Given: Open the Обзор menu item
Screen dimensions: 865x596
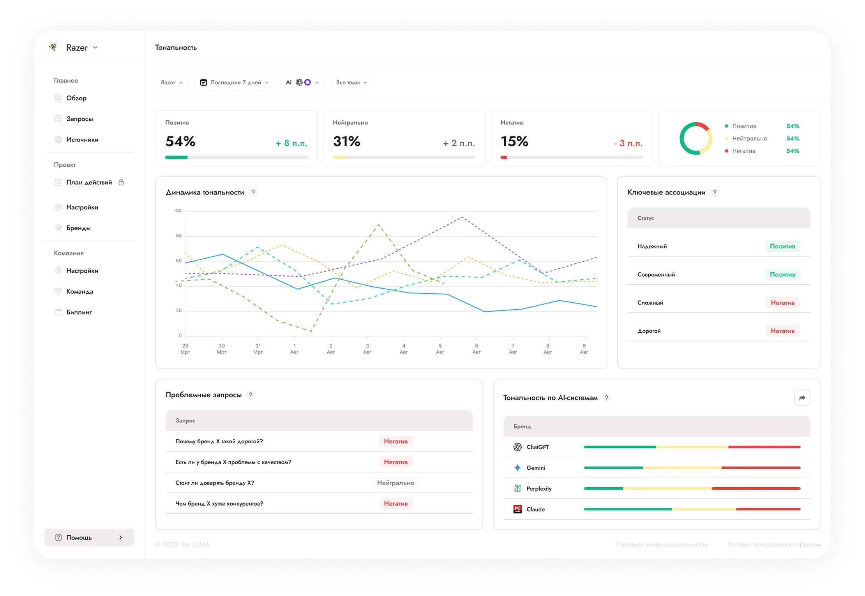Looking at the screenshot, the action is point(76,98).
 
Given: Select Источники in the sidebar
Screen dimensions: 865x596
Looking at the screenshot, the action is point(82,139).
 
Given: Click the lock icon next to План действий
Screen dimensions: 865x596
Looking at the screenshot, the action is point(121,182).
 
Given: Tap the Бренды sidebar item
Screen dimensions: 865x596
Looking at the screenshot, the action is point(78,228).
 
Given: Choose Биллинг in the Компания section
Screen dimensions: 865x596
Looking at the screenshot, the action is point(79,312).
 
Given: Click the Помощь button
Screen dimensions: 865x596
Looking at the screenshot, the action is point(89,537).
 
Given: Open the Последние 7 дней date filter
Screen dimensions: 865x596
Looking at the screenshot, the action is point(234,82).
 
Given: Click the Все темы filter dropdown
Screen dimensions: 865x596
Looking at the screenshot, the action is point(351,82).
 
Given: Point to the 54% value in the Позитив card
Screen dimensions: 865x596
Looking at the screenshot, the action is point(180,141).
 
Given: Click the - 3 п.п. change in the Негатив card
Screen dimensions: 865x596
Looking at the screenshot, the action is point(628,143).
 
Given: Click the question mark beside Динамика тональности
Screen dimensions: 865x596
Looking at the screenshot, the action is point(253,192).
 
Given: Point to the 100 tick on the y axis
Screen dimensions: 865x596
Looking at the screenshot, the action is point(178,210).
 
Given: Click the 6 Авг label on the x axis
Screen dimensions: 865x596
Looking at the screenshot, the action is point(477,349).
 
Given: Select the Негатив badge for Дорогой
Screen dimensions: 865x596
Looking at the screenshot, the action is point(782,331).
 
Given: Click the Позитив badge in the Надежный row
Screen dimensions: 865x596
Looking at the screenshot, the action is point(782,246).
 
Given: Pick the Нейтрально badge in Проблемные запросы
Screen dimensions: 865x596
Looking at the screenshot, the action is point(395,483).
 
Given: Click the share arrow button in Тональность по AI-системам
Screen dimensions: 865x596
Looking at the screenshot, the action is point(802,398).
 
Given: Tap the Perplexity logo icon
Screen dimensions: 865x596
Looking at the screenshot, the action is point(517,488).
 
